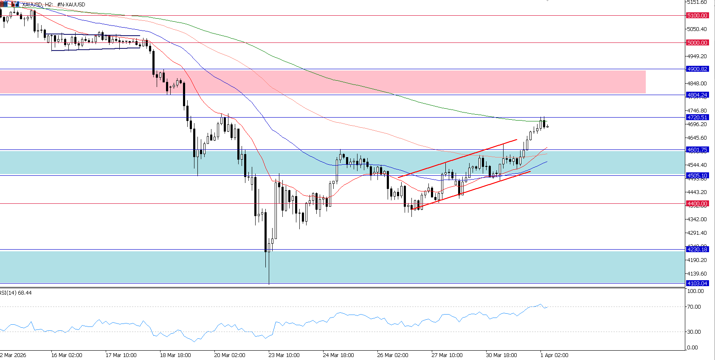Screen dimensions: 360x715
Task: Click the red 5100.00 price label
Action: tap(697, 15)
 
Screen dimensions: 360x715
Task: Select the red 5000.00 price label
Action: tap(697, 42)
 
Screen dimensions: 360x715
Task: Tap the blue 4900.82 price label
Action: tap(697, 69)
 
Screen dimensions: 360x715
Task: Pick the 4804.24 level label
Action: tap(697, 95)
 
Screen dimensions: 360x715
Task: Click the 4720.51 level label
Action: tap(697, 117)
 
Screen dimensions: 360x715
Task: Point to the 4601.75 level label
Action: tap(697, 149)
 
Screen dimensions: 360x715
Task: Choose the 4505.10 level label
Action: tap(697, 175)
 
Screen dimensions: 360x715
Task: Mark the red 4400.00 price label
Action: tap(697, 203)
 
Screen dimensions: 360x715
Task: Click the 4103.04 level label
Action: tap(697, 283)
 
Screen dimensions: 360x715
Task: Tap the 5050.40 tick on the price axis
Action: tap(697, 29)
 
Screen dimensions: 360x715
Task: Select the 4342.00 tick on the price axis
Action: tap(697, 219)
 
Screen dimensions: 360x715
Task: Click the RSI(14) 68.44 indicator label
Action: tap(16, 293)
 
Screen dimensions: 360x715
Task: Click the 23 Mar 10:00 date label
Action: tap(284, 355)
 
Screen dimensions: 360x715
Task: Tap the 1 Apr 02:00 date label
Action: tap(554, 355)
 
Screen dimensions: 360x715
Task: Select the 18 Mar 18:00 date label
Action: tap(175, 355)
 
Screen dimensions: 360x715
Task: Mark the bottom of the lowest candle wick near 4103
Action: tap(269, 284)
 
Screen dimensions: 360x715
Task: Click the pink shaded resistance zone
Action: tap(323, 82)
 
